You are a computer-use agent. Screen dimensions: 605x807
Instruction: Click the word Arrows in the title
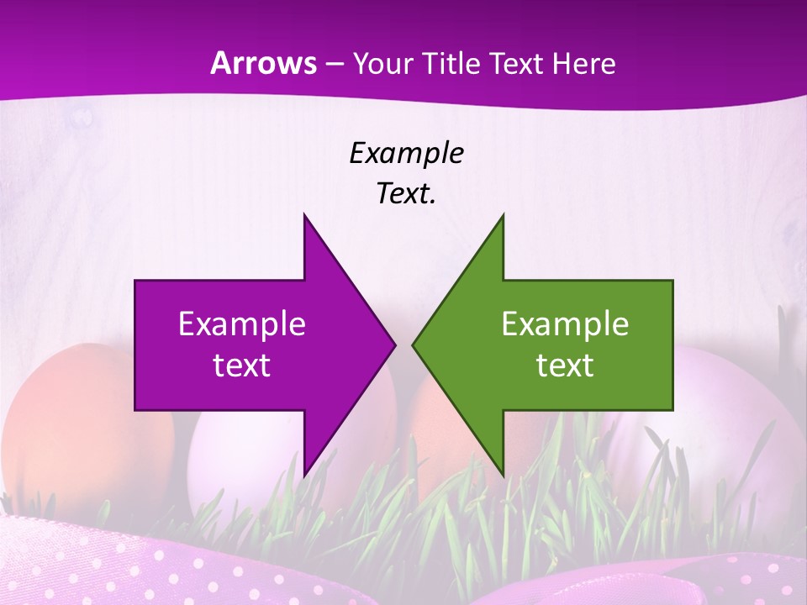pyautogui.click(x=264, y=64)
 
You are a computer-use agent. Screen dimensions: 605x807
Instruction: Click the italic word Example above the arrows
pyautogui.click(x=406, y=154)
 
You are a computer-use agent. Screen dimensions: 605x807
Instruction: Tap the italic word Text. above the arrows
pyautogui.click(x=406, y=194)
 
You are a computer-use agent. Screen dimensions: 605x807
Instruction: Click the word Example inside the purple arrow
pyautogui.click(x=241, y=324)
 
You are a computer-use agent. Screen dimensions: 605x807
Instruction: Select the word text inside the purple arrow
pyautogui.click(x=241, y=365)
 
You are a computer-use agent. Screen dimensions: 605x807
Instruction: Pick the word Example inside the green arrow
pyautogui.click(x=565, y=324)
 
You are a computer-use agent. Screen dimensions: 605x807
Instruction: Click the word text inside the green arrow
pyautogui.click(x=565, y=365)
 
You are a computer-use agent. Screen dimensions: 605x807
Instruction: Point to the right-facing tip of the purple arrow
pyautogui.click(x=393, y=345)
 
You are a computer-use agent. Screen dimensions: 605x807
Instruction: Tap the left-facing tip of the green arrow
pyautogui.click(x=414, y=345)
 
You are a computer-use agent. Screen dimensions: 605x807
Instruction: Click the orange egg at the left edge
pyautogui.click(x=59, y=420)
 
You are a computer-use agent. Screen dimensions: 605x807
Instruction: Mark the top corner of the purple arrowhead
pyautogui.click(x=304, y=216)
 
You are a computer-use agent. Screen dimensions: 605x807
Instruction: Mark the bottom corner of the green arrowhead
pyautogui.click(x=503, y=474)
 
